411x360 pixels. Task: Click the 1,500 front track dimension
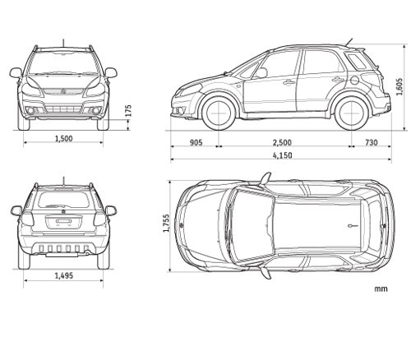point(64,139)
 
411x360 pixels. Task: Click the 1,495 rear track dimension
point(64,275)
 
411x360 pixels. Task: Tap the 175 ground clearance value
point(128,110)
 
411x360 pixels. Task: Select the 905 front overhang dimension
point(196,142)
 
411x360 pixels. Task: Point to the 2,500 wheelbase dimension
point(282,142)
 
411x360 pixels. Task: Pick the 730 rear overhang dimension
point(372,142)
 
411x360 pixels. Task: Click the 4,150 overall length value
point(282,155)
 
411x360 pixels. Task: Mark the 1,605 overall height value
point(399,86)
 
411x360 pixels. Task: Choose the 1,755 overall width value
point(166,223)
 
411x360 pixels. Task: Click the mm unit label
point(381,288)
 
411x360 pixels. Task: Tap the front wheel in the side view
point(219,113)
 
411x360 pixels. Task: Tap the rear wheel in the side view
point(352,113)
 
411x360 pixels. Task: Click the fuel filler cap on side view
point(354,80)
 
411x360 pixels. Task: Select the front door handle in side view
point(289,82)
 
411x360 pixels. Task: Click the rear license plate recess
point(64,222)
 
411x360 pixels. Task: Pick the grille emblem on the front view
point(63,91)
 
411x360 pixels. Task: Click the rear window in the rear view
point(63,200)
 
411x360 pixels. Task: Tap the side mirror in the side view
point(261,73)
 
